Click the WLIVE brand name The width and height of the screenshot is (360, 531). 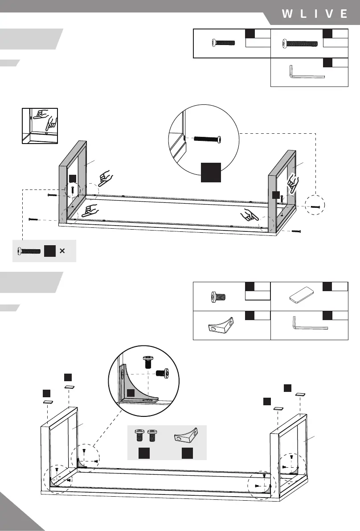315,14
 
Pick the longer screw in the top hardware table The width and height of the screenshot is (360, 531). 299,44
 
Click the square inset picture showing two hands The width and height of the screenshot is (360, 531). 40,125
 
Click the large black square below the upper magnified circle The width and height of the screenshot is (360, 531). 211,173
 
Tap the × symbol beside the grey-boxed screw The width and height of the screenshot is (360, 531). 62,251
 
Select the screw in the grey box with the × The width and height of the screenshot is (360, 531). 29,251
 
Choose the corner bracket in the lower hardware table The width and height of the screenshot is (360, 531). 221,325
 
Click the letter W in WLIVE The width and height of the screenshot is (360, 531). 287,14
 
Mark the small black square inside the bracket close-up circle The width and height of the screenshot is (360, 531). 131,392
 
